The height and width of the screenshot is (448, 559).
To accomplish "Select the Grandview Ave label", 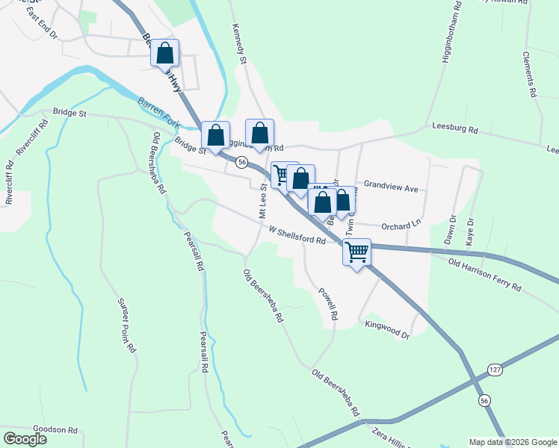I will pos(391,188).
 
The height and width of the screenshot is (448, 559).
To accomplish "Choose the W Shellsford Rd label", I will pos(297,236).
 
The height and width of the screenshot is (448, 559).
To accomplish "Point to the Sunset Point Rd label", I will pos(126,325).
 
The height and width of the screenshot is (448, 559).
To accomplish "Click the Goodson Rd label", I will pos(56,430).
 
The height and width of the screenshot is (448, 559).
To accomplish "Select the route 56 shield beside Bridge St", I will pos(241,161).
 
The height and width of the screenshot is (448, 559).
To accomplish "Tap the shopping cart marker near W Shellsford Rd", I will pos(357,252).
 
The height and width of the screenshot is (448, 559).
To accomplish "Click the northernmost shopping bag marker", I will pos(165,53).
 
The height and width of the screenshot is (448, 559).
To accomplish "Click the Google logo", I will pos(25,438).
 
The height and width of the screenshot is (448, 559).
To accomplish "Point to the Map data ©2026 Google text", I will pos(513,442).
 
